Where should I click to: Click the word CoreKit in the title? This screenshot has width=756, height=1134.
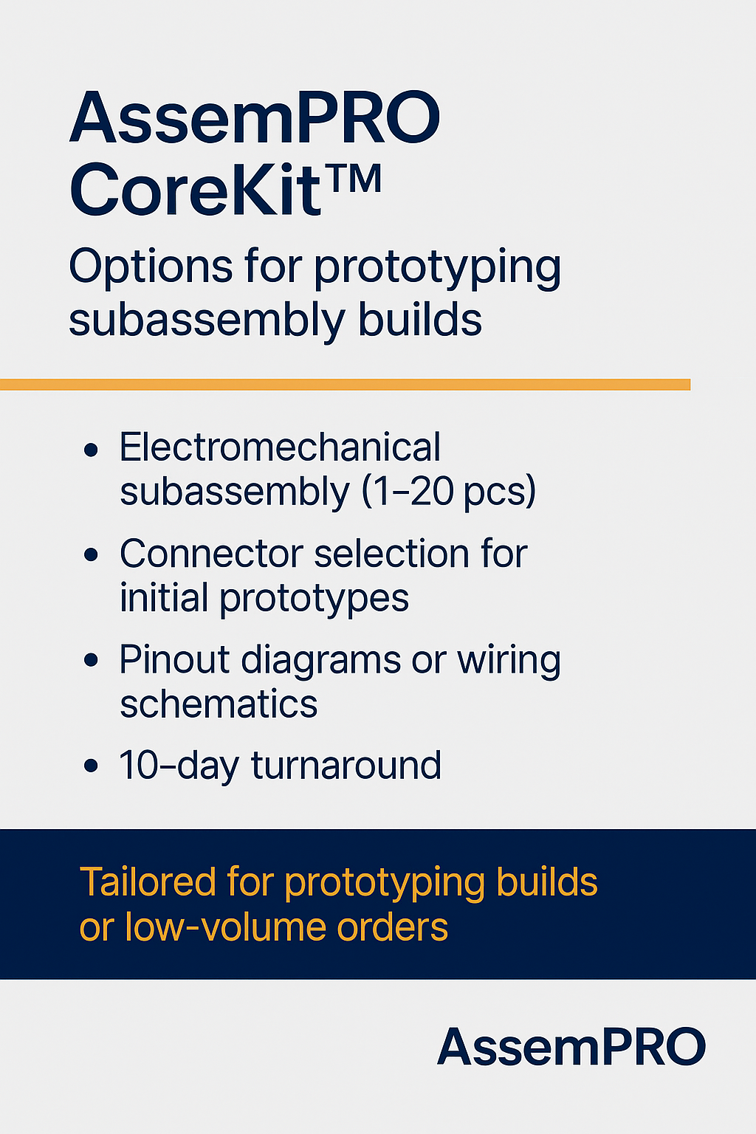[196, 189]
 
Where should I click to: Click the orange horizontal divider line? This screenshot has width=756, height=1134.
[346, 384]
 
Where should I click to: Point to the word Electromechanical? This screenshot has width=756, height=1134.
[280, 447]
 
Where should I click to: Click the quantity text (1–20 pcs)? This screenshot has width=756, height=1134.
[448, 491]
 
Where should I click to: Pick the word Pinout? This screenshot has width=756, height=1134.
[173, 659]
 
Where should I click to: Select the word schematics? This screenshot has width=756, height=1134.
[219, 704]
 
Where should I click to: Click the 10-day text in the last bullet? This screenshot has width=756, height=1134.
[179, 766]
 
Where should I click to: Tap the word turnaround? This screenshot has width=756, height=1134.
[346, 765]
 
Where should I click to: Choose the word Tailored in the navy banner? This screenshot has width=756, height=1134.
[148, 882]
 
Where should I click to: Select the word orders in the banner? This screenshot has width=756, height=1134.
[393, 928]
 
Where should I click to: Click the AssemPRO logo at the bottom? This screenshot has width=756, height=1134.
[571, 1048]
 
